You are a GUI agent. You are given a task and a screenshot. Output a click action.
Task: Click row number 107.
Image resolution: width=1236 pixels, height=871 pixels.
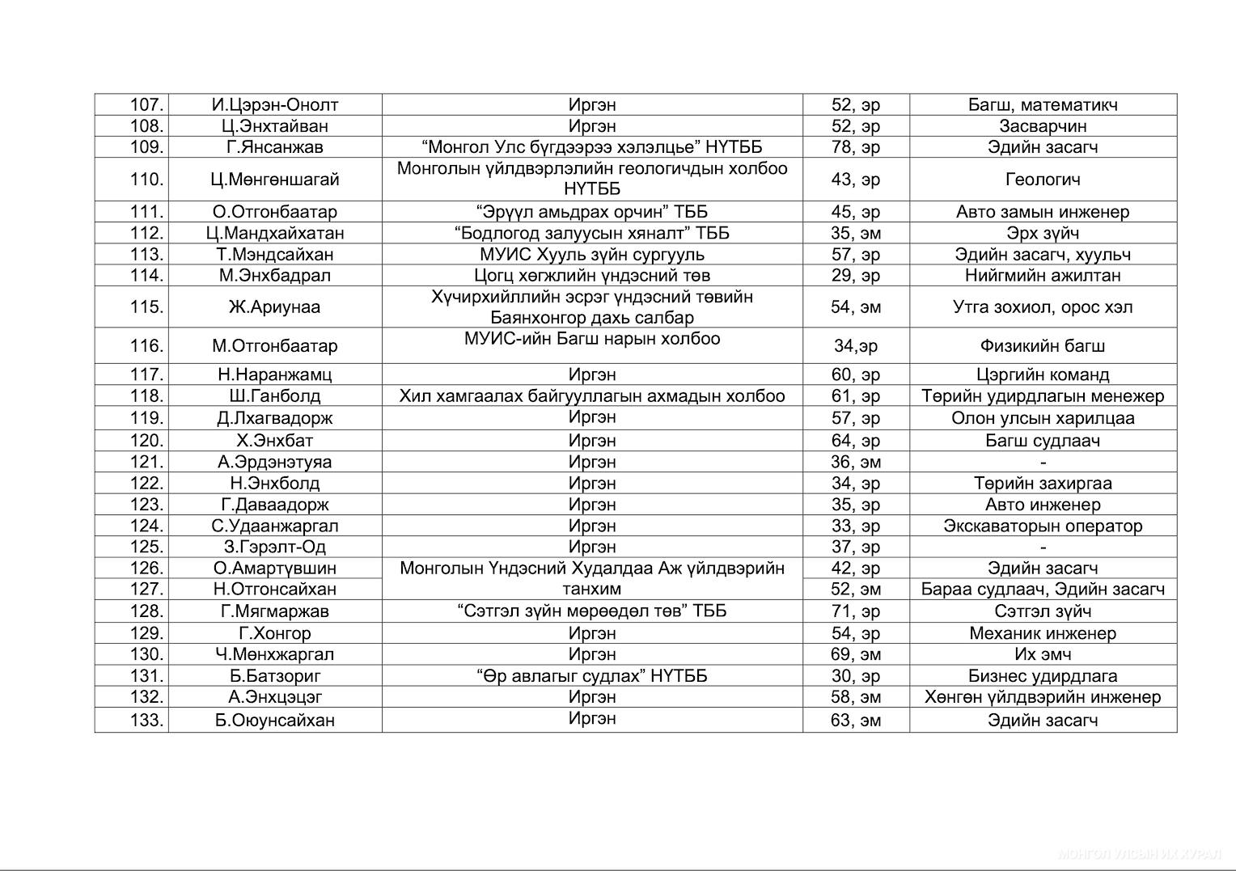pyautogui.click(x=146, y=105)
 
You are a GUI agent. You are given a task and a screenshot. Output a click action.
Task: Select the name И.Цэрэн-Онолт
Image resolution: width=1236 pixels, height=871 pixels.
pyautogui.click(x=275, y=105)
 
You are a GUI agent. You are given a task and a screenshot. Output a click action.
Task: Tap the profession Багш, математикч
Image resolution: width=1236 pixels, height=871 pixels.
pyautogui.click(x=1043, y=105)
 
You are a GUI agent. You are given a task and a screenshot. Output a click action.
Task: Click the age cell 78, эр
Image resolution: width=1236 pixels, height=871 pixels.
pyautogui.click(x=856, y=147)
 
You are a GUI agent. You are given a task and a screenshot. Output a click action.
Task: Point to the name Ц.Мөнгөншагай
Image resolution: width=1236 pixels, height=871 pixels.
pyautogui.click(x=275, y=180)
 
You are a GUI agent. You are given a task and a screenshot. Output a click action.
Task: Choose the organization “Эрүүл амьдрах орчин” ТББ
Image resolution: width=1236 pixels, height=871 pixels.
pyautogui.click(x=592, y=212)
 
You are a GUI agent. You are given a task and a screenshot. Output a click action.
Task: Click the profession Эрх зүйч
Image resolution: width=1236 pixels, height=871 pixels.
pyautogui.click(x=1043, y=233)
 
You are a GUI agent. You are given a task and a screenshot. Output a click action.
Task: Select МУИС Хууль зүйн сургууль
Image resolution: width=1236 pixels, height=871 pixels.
pyautogui.click(x=592, y=254)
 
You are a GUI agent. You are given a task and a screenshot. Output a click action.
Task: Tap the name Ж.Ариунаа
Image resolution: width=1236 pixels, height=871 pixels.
pyautogui.click(x=275, y=307)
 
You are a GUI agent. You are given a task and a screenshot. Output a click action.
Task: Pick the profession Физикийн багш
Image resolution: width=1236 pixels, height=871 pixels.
pyautogui.click(x=1043, y=346)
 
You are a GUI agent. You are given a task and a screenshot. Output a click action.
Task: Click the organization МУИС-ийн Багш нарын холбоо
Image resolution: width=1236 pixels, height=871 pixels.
pyautogui.click(x=592, y=339)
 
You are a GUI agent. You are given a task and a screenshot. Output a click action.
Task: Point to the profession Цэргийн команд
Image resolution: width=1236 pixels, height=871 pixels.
pyautogui.click(x=1043, y=374)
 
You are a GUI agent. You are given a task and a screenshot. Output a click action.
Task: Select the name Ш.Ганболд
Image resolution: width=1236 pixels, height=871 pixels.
pyautogui.click(x=275, y=396)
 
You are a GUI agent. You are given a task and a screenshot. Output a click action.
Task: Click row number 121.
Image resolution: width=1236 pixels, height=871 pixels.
pyautogui.click(x=146, y=462)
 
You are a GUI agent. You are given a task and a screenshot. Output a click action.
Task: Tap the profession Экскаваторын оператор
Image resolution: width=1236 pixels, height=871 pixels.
pyautogui.click(x=1043, y=526)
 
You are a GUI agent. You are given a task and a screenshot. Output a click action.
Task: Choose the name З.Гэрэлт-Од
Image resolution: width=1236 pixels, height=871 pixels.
pyautogui.click(x=275, y=547)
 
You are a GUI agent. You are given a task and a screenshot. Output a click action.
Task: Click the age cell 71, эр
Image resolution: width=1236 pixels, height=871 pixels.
pyautogui.click(x=856, y=611)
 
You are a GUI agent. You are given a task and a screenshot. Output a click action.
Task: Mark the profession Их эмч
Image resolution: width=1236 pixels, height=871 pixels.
pyautogui.click(x=1043, y=654)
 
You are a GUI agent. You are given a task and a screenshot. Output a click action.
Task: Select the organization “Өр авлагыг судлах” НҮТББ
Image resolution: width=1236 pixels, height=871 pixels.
pyautogui.click(x=592, y=676)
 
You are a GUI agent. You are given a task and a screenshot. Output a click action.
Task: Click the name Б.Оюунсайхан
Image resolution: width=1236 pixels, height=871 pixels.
pyautogui.click(x=275, y=721)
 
